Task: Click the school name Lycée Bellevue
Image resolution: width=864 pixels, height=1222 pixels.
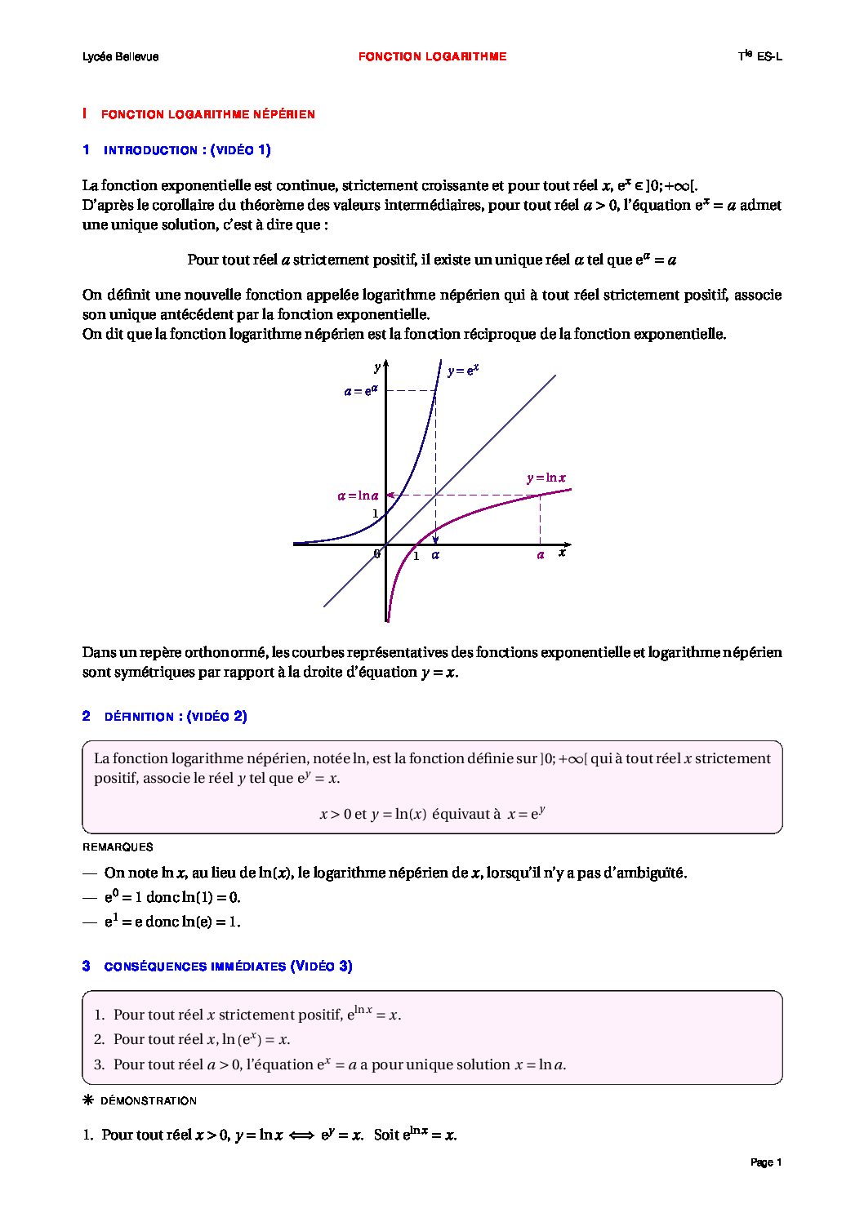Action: pyautogui.click(x=120, y=57)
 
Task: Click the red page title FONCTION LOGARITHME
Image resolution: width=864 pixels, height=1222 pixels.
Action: pyautogui.click(x=432, y=57)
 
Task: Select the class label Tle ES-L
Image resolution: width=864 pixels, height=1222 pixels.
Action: pyautogui.click(x=759, y=56)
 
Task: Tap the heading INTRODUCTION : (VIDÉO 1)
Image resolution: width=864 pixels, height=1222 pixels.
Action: pyautogui.click(x=187, y=150)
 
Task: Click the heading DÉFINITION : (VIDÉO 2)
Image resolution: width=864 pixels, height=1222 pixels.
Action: pyautogui.click(x=176, y=717)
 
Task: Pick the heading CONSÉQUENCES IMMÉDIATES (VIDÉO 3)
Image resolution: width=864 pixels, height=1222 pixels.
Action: pyautogui.click(x=228, y=966)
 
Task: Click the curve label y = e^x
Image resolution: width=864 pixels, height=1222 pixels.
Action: pyautogui.click(x=462, y=371)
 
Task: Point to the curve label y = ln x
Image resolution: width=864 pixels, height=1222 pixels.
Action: pyautogui.click(x=546, y=478)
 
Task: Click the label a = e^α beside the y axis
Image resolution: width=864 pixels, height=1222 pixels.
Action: pyautogui.click(x=360, y=391)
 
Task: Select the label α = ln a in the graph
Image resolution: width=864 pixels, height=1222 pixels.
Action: pyautogui.click(x=358, y=495)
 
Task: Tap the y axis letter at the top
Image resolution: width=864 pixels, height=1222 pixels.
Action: pyautogui.click(x=377, y=368)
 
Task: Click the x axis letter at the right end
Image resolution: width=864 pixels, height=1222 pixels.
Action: pyautogui.click(x=562, y=553)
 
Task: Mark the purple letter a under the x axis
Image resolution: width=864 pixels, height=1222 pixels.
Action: pyautogui.click(x=540, y=555)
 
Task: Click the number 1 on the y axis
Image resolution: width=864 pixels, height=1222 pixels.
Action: pyautogui.click(x=376, y=514)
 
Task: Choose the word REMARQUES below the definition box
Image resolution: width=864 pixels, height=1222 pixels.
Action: pyautogui.click(x=118, y=847)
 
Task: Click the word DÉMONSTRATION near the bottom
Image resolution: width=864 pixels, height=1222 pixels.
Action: pyautogui.click(x=148, y=1101)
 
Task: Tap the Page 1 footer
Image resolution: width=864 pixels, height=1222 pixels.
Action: pyautogui.click(x=766, y=1162)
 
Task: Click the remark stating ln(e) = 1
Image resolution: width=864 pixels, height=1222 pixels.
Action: pyautogui.click(x=172, y=922)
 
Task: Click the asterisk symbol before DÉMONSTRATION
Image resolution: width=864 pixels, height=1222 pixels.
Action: pyautogui.click(x=88, y=1100)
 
